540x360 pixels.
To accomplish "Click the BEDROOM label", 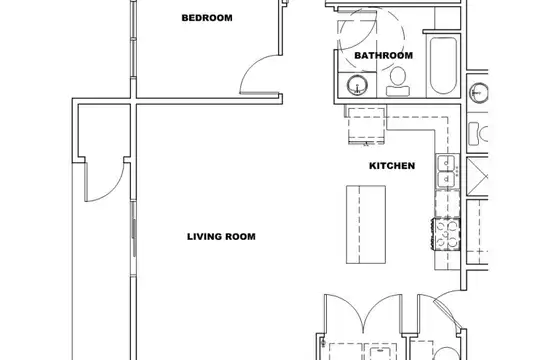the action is (x=207, y=18).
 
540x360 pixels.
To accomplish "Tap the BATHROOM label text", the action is (x=383, y=55).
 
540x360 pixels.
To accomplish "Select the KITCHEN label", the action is (x=392, y=166).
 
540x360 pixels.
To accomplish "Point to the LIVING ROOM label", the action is (x=221, y=237).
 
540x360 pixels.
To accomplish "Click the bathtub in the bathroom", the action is (x=443, y=65).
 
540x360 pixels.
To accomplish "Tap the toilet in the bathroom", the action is (x=398, y=81).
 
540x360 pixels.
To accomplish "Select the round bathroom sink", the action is (x=357, y=85).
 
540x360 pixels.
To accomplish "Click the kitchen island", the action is (x=366, y=225).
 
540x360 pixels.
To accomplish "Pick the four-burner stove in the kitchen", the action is (x=447, y=235).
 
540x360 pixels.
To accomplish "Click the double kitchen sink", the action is (x=447, y=171).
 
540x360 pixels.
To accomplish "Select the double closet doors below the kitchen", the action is (x=363, y=313).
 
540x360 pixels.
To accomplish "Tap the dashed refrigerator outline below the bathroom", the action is (x=366, y=126).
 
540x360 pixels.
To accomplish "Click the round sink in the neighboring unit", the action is (x=479, y=93).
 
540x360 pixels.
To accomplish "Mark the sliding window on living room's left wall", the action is (x=134, y=238).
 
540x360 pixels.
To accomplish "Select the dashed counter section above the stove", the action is (x=447, y=203).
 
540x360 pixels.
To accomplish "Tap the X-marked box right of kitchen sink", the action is (x=477, y=177).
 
